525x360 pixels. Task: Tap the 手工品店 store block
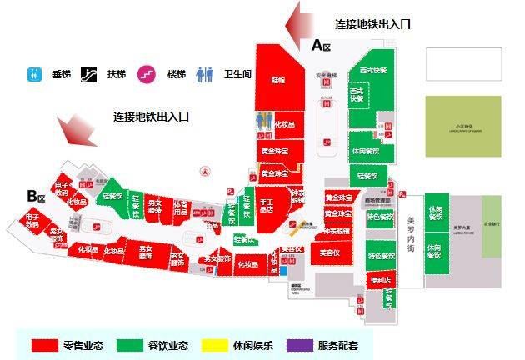pyautogui.click(x=267, y=205)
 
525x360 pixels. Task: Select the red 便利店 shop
pyautogui.click(x=380, y=280)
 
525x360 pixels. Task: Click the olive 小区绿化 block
pyautogui.click(x=463, y=126)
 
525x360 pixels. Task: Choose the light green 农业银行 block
pyautogui.click(x=492, y=225)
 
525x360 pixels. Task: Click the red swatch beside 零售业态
pyautogui.click(x=44, y=344)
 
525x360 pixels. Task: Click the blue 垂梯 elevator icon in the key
pyautogui.click(x=35, y=74)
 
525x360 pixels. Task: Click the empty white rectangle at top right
pyautogui.click(x=463, y=64)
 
